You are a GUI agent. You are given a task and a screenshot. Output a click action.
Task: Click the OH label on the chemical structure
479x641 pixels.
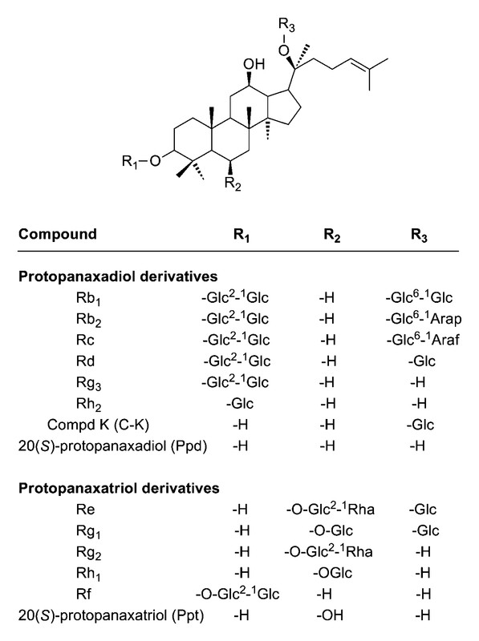(x=254, y=64)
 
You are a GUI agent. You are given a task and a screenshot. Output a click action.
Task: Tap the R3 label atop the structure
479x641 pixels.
(x=286, y=25)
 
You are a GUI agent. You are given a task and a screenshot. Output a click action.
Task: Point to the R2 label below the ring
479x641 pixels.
(x=233, y=184)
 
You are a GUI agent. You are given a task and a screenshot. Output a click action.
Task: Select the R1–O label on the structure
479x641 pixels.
(x=142, y=162)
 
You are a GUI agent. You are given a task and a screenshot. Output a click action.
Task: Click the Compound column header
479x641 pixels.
(x=58, y=234)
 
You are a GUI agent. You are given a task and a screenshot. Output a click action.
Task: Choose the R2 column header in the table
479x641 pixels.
(x=331, y=235)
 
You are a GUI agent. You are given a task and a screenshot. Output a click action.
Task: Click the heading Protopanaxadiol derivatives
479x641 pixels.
(x=118, y=276)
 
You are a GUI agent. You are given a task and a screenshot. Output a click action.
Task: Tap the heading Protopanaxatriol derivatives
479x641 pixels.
(x=119, y=488)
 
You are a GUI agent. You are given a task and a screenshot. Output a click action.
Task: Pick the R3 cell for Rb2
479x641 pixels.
(x=424, y=318)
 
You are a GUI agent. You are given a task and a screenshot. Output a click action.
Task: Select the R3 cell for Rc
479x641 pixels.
(x=423, y=339)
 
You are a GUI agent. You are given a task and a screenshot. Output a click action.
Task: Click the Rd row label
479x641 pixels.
(x=85, y=361)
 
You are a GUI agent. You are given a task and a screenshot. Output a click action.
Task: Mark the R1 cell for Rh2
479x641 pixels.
(x=240, y=404)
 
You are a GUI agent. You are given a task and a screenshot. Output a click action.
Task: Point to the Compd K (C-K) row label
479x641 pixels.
(x=98, y=425)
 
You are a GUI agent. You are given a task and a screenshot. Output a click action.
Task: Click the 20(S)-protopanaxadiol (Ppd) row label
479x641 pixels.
(x=112, y=445)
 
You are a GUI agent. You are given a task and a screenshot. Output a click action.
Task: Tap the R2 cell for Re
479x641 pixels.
(x=330, y=509)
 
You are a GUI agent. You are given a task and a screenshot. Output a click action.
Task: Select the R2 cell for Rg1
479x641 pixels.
(x=331, y=530)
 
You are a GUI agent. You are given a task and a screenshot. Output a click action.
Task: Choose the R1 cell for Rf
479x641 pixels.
(x=237, y=594)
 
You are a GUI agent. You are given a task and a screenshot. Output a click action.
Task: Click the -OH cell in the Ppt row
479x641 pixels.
(x=330, y=615)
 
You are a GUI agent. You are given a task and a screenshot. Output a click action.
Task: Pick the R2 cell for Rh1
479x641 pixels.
(x=332, y=573)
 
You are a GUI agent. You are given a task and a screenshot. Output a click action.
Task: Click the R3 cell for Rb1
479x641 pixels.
(x=419, y=297)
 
